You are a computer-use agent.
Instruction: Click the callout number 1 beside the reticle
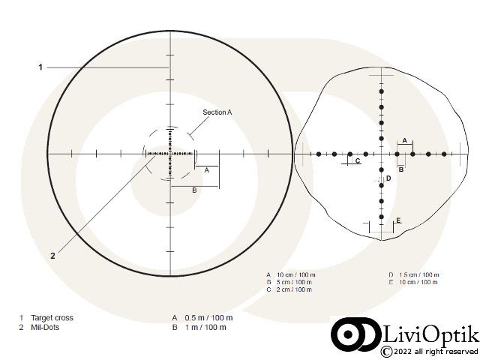coord(40,67)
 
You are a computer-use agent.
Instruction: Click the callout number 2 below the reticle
coord(52,256)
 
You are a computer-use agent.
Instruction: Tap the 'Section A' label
coord(217,112)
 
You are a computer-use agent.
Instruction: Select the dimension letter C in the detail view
coord(358,160)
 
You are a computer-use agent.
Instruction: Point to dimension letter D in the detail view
coord(388,178)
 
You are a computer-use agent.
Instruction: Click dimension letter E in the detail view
coord(398,220)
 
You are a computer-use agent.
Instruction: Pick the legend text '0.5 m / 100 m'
coord(208,318)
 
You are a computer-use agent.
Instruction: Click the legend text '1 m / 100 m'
coord(205,327)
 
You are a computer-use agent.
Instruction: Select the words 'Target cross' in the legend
coord(52,318)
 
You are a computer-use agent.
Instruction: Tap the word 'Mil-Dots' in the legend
coord(45,327)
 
